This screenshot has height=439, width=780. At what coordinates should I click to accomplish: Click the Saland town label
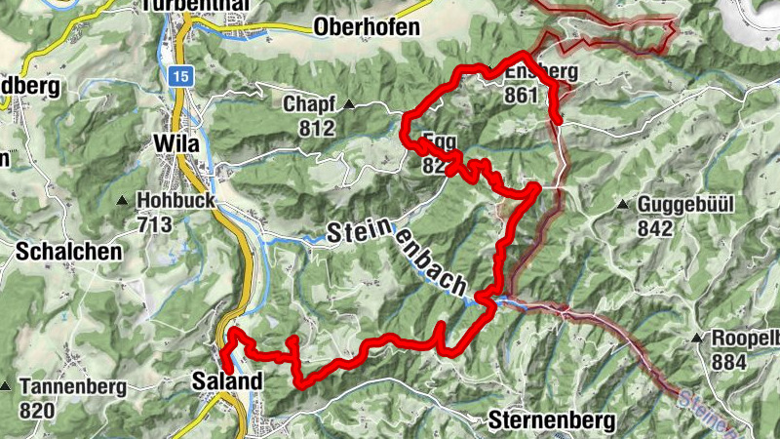(228, 381)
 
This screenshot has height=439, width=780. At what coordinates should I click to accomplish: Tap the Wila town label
(175, 144)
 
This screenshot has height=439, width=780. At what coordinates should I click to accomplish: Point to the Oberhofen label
(367, 26)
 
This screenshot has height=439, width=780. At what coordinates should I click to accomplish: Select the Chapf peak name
(309, 104)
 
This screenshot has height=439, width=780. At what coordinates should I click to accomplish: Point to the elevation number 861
(523, 95)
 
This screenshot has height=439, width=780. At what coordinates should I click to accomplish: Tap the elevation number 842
(655, 228)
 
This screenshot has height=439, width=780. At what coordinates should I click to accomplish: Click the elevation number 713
(154, 225)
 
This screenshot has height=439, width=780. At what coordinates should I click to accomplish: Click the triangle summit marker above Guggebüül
(623, 205)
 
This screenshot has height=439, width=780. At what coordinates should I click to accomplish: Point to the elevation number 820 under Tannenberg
(36, 411)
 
